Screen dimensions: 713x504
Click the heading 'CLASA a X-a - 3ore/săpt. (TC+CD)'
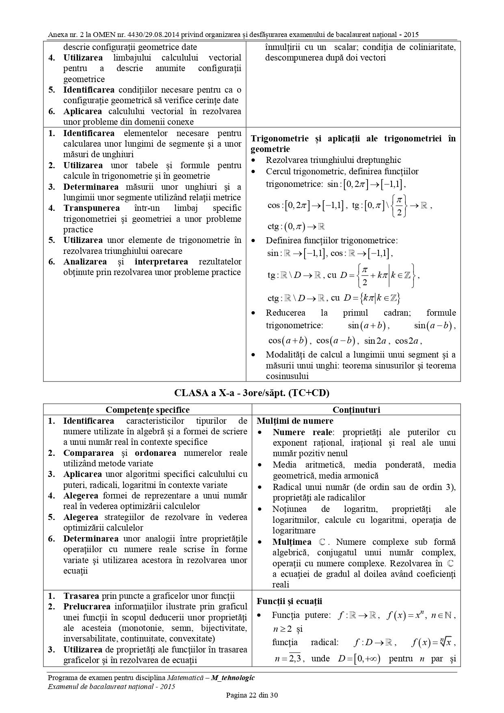(252, 393)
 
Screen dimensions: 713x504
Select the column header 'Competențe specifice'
(147, 410)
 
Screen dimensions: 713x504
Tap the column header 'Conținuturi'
(356, 410)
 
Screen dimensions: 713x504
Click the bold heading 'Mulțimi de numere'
(295, 421)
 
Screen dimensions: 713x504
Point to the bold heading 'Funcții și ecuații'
(289, 601)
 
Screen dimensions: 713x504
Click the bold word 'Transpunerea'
(91, 208)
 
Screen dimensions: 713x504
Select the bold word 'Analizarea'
(85, 262)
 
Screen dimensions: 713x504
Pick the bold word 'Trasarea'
(81, 596)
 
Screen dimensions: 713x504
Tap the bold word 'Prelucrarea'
(87, 607)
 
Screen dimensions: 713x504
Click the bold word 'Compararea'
(88, 453)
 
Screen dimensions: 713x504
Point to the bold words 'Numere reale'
(303, 432)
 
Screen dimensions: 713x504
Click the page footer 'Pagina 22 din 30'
(252, 695)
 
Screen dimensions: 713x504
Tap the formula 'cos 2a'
(408, 340)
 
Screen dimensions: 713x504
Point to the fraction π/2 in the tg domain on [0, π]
(399, 206)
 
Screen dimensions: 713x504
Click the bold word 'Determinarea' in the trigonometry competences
(91, 187)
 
